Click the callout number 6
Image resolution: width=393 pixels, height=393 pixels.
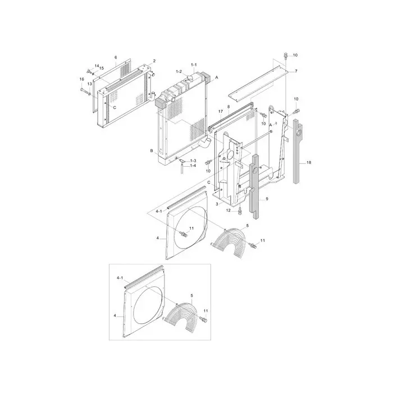pyautogui.click(x=116, y=58)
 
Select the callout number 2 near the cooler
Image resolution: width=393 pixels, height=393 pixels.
pyautogui.click(x=154, y=61)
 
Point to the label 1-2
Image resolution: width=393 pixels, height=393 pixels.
pyautogui.click(x=179, y=72)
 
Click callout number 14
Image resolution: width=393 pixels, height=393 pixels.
pyautogui.click(x=96, y=66)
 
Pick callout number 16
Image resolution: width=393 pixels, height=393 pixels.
pyautogui.click(x=81, y=79)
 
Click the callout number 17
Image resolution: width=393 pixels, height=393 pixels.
pyautogui.click(x=220, y=112)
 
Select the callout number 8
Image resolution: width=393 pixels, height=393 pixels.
pyautogui.click(x=229, y=106)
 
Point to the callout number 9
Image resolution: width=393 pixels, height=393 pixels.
pyautogui.click(x=267, y=199)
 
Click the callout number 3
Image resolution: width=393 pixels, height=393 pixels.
pyautogui.click(x=217, y=204)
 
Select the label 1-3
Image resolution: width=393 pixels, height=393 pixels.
pyautogui.click(x=193, y=161)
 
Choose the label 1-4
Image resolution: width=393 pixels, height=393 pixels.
pyautogui.click(x=193, y=166)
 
